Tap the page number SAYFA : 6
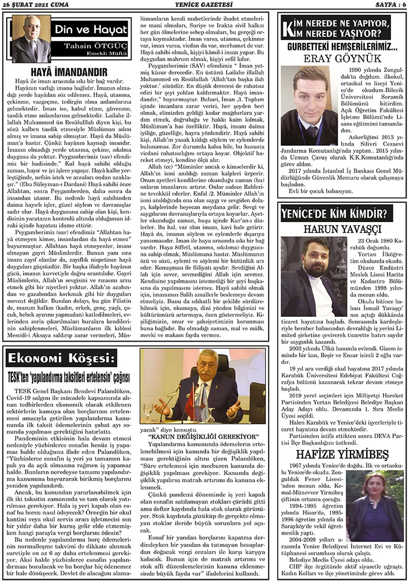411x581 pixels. click(387, 5)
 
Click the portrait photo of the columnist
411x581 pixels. click(30, 39)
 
